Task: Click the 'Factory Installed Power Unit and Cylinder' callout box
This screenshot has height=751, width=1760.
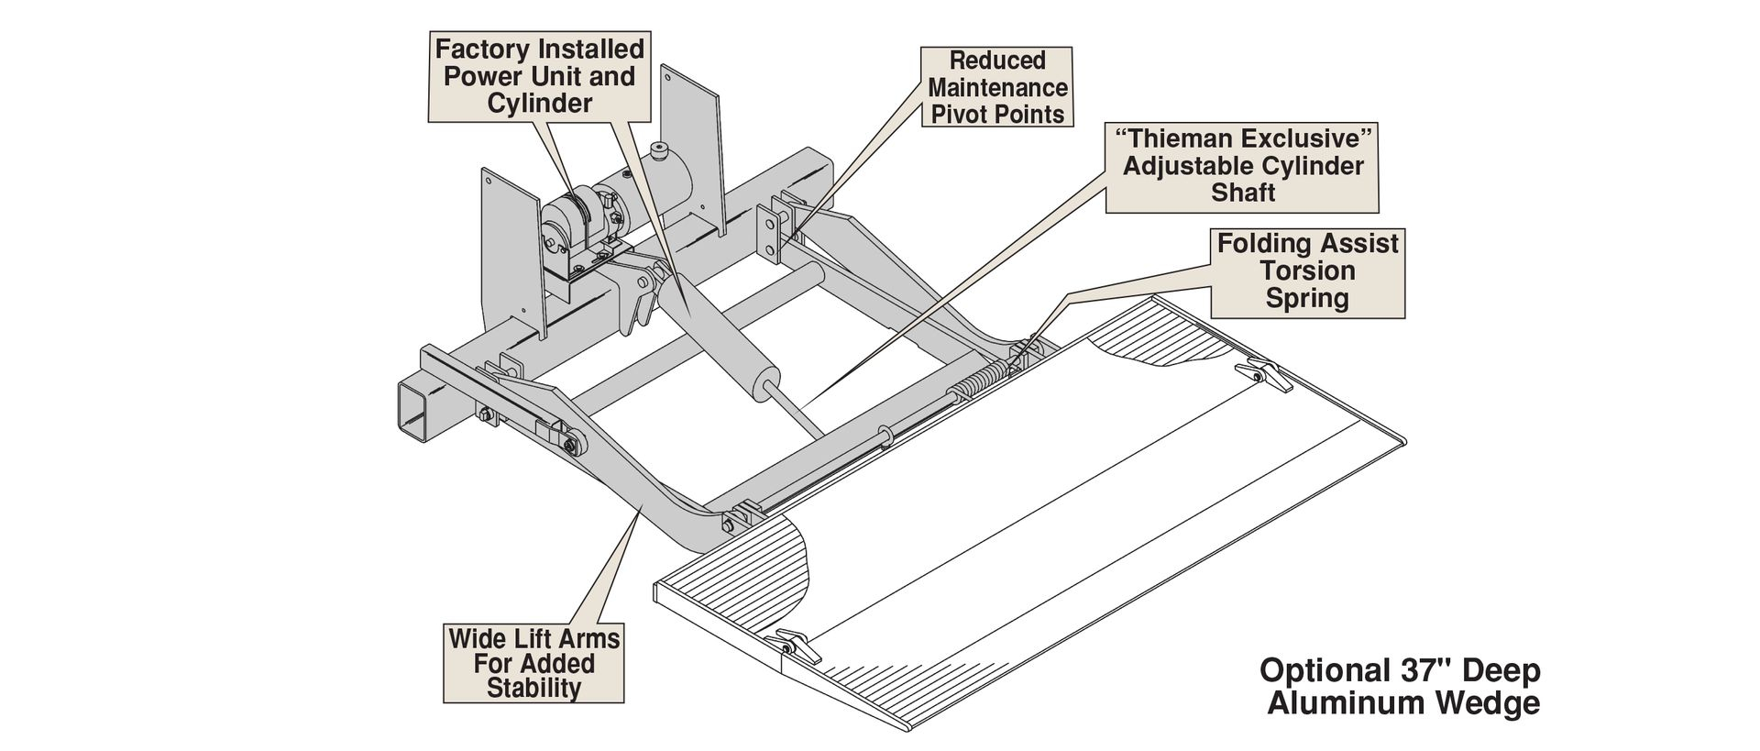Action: (x=539, y=76)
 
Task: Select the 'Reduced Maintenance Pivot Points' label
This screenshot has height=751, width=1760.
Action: (x=997, y=88)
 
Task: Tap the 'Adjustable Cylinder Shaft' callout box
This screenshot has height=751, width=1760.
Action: (x=1242, y=166)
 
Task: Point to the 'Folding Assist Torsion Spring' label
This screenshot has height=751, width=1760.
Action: (x=1307, y=271)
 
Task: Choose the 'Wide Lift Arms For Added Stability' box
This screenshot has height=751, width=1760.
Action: (x=533, y=663)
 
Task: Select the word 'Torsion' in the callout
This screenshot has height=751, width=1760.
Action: (x=1307, y=271)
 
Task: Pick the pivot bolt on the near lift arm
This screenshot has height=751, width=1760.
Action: (x=572, y=446)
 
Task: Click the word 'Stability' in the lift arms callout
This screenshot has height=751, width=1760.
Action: (x=533, y=688)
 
